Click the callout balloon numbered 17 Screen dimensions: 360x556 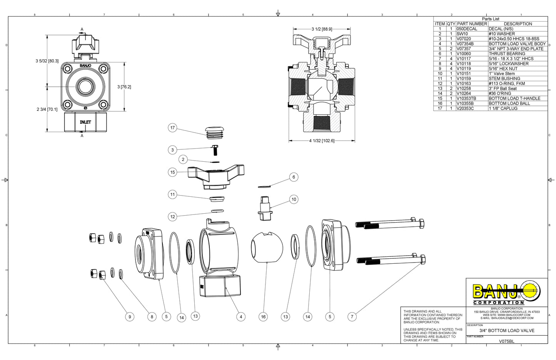click(172, 128)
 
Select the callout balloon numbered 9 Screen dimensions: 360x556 click(130, 317)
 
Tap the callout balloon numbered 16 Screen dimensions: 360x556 click(263, 317)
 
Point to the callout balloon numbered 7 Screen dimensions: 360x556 click(352, 317)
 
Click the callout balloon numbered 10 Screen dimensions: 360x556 click(294, 199)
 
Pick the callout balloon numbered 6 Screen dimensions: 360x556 click(294, 177)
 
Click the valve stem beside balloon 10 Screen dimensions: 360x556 click(265, 208)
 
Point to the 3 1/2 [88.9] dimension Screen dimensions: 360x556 click(322, 29)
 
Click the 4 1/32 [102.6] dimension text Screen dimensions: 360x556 click(322, 141)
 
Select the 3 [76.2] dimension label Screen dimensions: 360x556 click(124, 87)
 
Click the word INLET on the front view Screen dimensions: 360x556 click(85, 122)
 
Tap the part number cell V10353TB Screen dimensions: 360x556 click(466, 99)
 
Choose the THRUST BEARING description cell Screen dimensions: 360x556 click(507, 54)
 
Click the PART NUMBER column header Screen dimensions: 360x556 click(472, 24)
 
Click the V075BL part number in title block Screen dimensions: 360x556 click(506, 341)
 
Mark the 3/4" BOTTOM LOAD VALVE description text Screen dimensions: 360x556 click(506, 331)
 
